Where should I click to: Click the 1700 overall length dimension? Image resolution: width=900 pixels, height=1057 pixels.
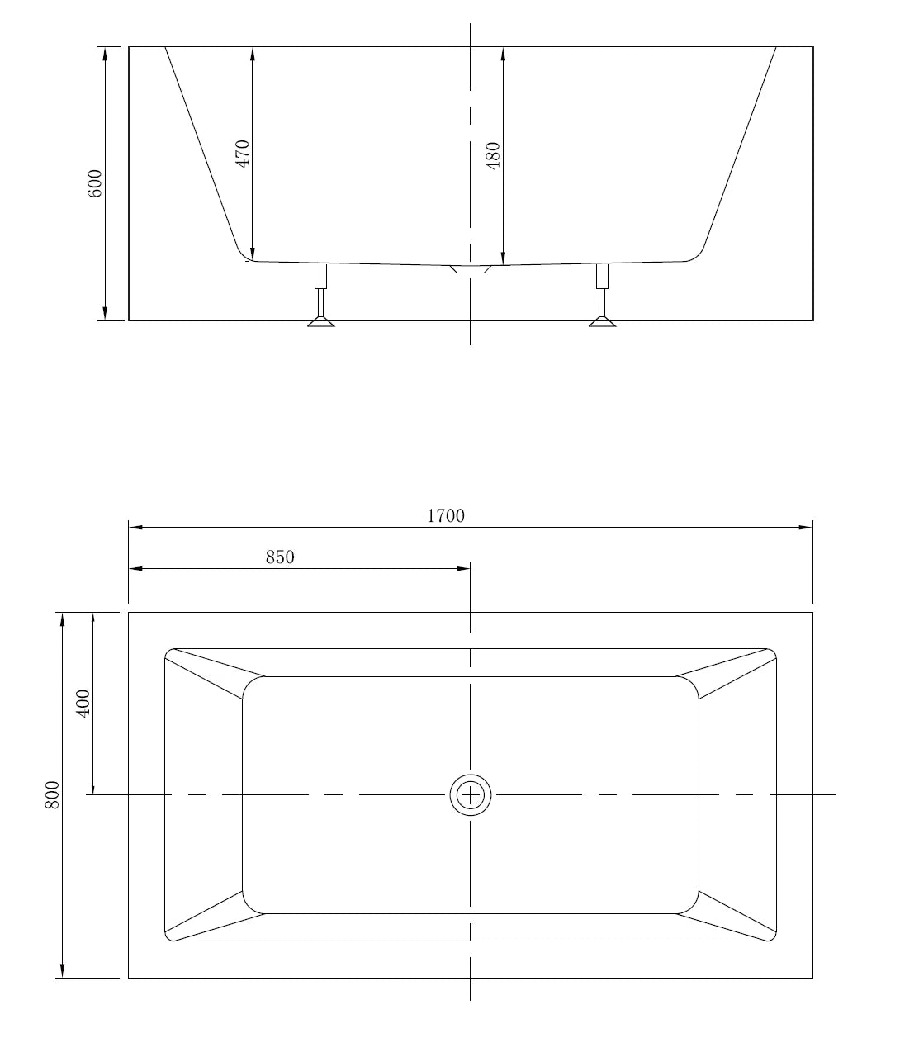(445, 516)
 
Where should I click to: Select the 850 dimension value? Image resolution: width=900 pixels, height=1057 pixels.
(280, 557)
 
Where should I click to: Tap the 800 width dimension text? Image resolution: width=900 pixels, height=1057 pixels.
(53, 794)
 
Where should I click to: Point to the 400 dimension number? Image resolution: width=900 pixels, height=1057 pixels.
(83, 703)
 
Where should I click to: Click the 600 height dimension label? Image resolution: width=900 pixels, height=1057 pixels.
(95, 183)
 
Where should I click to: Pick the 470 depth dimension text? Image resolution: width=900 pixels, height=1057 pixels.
(243, 154)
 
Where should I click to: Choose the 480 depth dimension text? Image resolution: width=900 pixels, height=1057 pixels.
(494, 155)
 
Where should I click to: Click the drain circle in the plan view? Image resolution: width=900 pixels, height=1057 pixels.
(470, 794)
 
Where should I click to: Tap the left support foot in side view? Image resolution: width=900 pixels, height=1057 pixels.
(320, 320)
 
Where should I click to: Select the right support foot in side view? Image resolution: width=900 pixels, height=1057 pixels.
(602, 320)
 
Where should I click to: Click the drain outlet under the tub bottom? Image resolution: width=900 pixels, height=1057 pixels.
(471, 269)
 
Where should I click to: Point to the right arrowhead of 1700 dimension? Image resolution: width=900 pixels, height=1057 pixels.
(807, 527)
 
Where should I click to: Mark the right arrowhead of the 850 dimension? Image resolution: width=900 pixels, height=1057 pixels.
(464, 568)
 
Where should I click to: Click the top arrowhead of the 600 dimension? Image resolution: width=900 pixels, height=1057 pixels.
(105, 53)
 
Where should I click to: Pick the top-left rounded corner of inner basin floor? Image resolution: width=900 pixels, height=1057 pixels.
(253, 686)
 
